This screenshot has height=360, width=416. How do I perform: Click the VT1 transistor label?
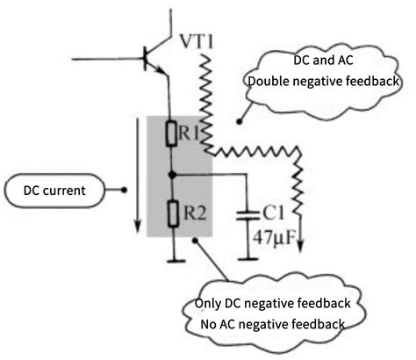tap(198, 41)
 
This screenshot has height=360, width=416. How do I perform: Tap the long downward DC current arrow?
tap(137, 176)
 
